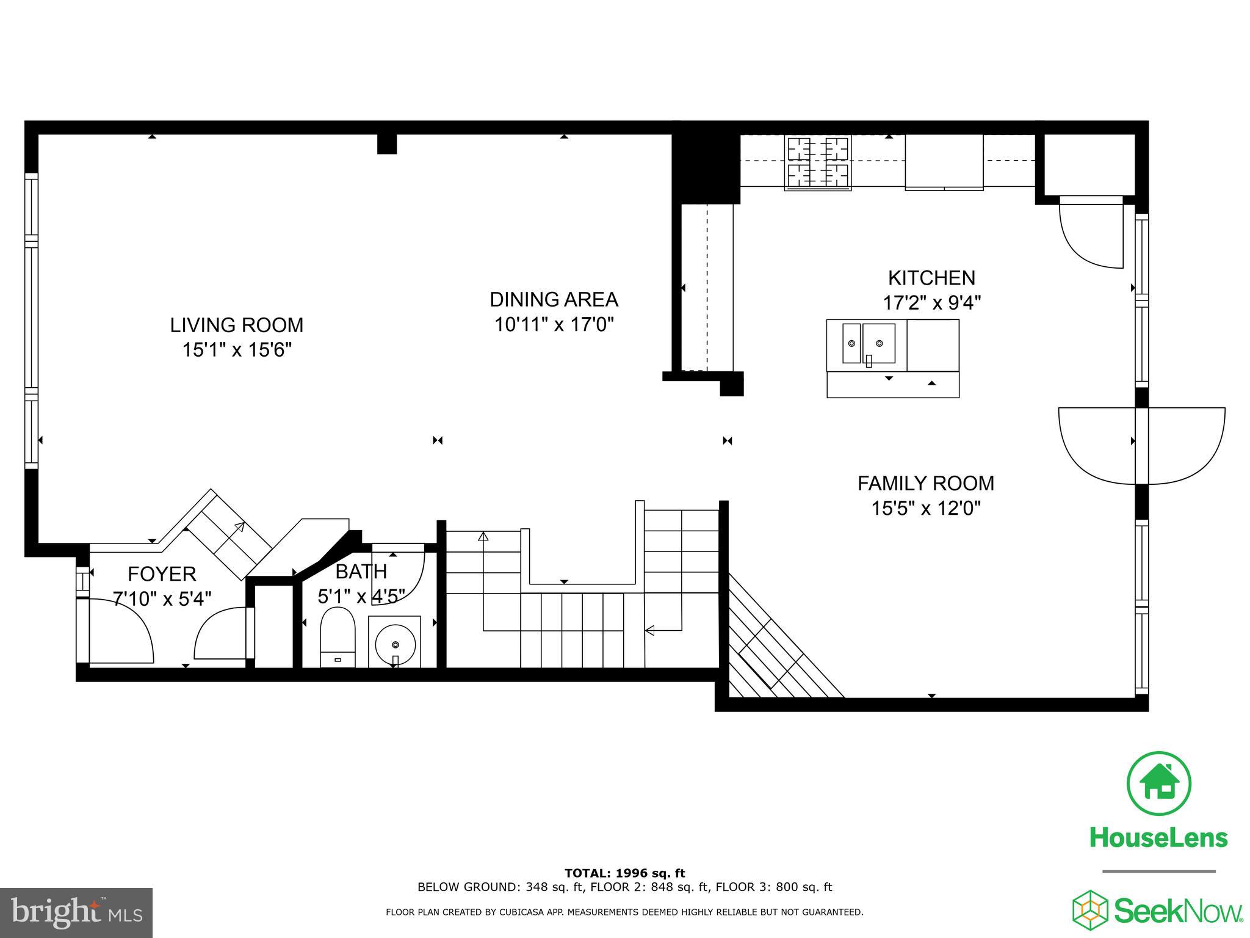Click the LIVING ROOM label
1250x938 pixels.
click(236, 325)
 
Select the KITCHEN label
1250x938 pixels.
click(931, 278)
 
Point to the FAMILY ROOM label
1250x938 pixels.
click(925, 483)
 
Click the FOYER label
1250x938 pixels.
click(162, 574)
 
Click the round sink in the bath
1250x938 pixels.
click(395, 644)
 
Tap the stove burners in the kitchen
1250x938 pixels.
click(818, 162)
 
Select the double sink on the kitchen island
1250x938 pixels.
click(869, 344)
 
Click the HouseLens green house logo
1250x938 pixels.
click(1158, 784)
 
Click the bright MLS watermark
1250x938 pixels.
click(76, 912)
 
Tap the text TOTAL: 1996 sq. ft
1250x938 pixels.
click(624, 873)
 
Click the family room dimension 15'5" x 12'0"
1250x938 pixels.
click(925, 508)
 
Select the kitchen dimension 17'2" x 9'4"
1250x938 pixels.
click(931, 303)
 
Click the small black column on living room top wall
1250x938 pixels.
click(387, 144)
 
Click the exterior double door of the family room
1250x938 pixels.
click(1141, 446)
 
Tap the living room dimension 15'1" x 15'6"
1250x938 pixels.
click(236, 350)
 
